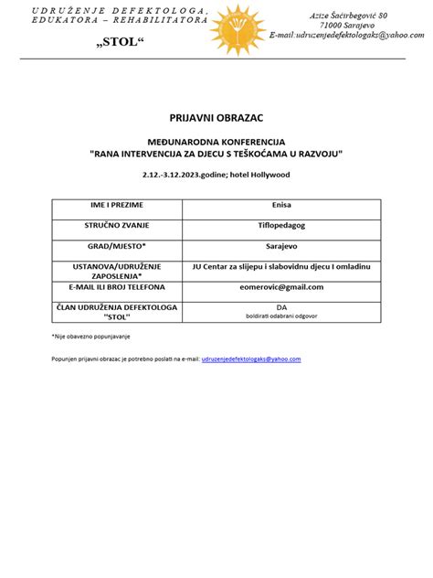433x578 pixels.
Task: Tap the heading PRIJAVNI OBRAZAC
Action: (216, 119)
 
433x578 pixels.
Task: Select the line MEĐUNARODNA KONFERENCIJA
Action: (216, 143)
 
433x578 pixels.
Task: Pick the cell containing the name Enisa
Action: (282, 205)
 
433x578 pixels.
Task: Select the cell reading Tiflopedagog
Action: (282, 225)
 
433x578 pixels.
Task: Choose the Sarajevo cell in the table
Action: (282, 246)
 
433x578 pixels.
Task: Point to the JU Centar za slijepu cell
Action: (282, 265)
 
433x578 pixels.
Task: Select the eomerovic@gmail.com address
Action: (282, 287)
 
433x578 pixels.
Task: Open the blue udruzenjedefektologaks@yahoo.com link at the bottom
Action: (251, 359)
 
